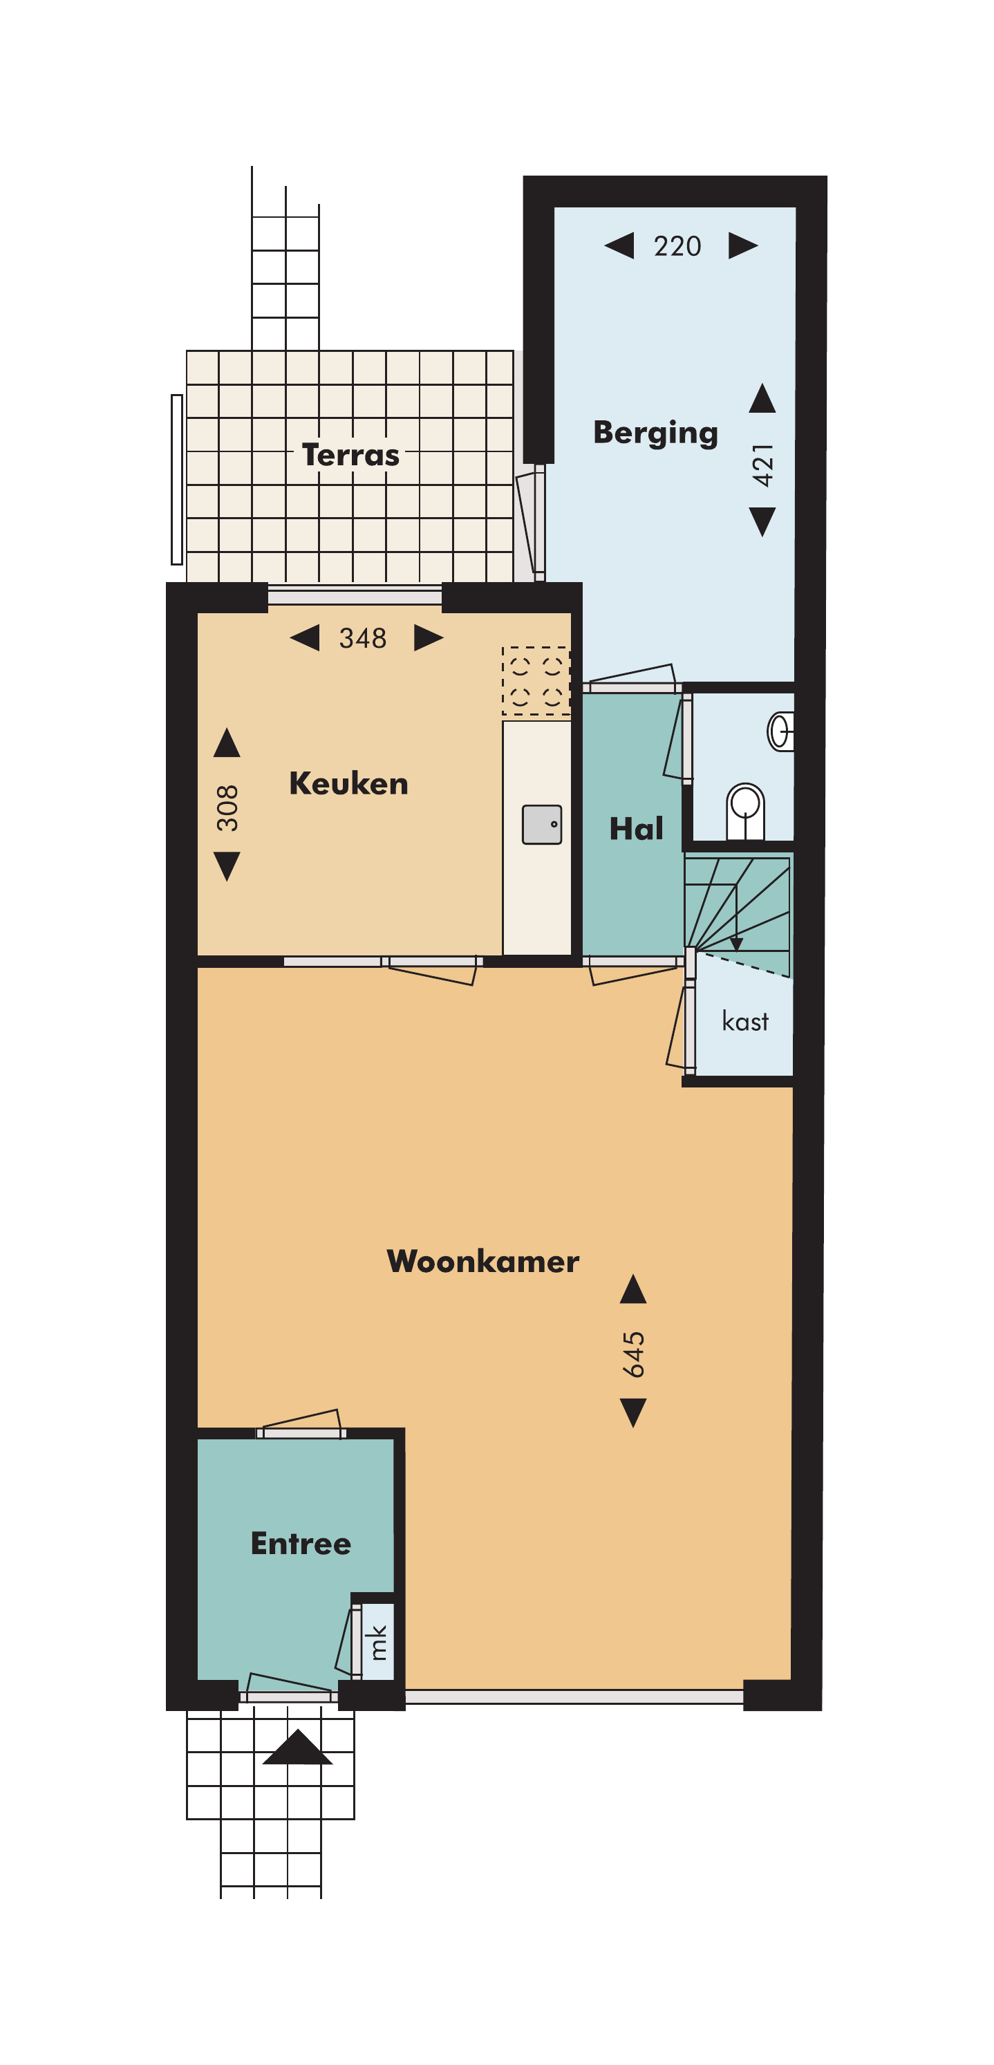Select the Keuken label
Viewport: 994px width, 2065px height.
348,783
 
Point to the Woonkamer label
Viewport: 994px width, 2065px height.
482,1261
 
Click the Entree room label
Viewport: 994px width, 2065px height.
301,1543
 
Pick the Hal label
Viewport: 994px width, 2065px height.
637,828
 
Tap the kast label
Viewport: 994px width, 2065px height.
745,1020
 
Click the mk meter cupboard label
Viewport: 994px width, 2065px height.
378,1642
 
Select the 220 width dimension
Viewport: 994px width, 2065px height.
677,245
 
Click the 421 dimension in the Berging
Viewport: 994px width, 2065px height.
762,465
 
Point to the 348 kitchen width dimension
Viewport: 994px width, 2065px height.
362,638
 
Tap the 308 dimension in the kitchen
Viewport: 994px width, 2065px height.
227,808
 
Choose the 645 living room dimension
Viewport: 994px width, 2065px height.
633,1355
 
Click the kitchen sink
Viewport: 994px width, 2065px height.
542,824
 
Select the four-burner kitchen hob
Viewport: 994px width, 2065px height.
536,680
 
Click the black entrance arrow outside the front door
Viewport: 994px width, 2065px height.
297,1747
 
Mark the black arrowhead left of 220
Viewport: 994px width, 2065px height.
619,245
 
